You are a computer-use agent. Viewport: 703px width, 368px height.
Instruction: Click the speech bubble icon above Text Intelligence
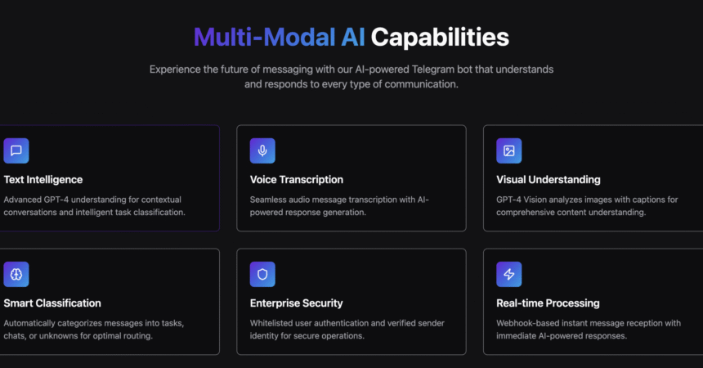[16, 150]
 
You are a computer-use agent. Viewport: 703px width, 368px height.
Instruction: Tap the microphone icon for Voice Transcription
[262, 150]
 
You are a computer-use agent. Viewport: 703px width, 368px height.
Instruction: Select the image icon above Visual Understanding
[509, 150]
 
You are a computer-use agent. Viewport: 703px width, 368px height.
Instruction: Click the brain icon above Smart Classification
[16, 275]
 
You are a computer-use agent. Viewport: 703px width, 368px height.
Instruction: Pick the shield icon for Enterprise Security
[262, 275]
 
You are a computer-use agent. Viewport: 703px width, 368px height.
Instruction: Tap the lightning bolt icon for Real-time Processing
[509, 275]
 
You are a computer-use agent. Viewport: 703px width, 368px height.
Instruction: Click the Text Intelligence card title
[43, 179]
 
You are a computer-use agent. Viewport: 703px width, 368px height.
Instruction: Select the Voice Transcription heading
[297, 179]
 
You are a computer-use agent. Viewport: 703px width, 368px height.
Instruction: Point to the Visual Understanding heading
[549, 179]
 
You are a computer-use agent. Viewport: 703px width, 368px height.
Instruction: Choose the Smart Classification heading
[52, 303]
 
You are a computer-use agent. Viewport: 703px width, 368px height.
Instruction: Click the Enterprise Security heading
[297, 303]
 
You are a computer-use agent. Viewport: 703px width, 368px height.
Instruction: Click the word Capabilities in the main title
[440, 37]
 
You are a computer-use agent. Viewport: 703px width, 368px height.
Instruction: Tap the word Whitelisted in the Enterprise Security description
[274, 323]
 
